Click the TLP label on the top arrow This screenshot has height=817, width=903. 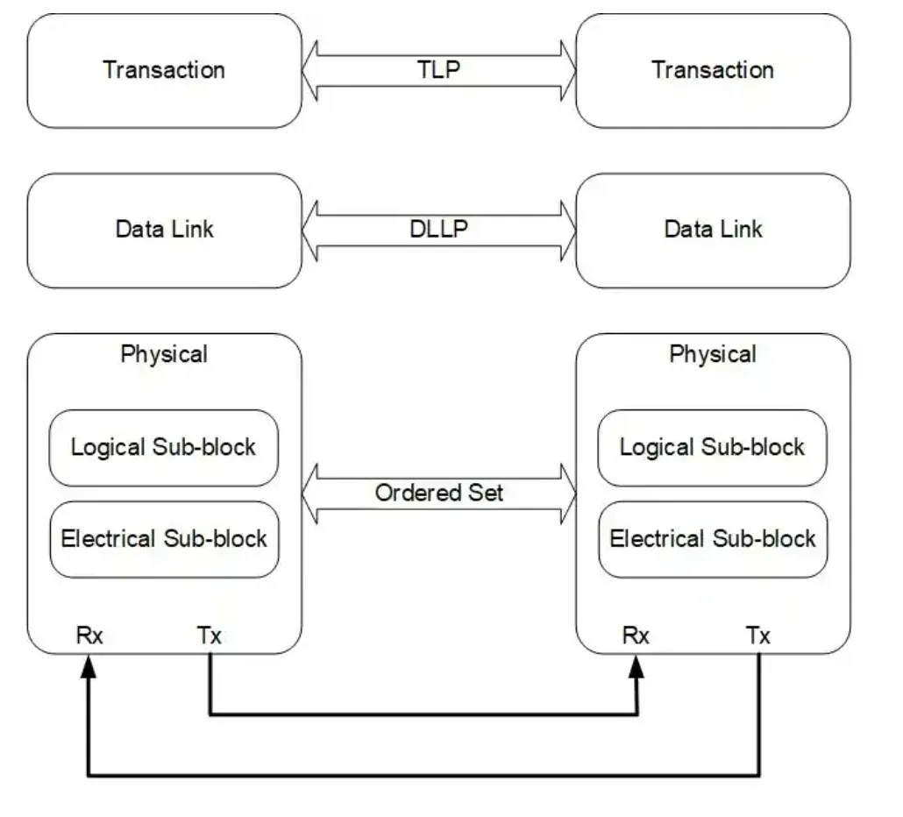(x=438, y=70)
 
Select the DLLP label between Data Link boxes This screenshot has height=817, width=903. (x=438, y=229)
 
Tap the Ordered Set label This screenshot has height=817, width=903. (x=438, y=493)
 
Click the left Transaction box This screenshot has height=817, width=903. (x=164, y=70)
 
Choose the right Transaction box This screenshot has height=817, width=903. (x=713, y=70)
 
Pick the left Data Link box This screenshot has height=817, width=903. (x=164, y=230)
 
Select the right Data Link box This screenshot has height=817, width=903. (x=713, y=230)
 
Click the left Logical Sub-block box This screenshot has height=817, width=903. (x=164, y=447)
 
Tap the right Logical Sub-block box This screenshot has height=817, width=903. (x=712, y=447)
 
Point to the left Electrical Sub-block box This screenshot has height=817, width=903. (x=164, y=538)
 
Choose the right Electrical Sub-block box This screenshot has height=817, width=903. (x=712, y=538)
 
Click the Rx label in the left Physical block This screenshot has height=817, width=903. (x=89, y=636)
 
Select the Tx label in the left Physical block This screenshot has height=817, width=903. (x=210, y=636)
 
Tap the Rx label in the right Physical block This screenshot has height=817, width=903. (x=636, y=636)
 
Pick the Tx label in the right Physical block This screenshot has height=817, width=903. (x=758, y=636)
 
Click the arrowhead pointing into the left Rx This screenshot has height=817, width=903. (x=89, y=668)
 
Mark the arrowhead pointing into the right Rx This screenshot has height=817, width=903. (x=637, y=668)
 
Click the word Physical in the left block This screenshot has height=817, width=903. (x=164, y=355)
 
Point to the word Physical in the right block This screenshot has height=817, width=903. (x=713, y=355)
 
